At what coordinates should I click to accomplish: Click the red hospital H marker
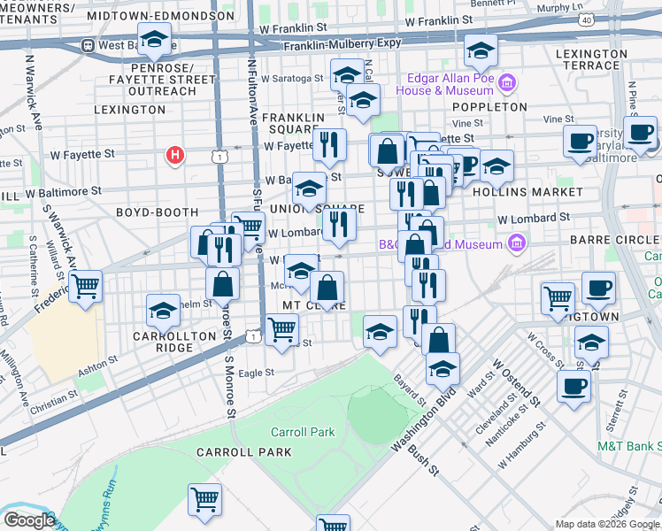pos(175,157)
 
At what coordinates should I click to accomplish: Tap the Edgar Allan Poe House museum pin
pos(507,84)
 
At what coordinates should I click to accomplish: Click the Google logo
pos(28,520)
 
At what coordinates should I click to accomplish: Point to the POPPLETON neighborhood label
pos(492,106)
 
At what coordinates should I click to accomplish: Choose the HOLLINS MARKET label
pos(540,191)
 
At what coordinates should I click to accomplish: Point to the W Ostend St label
pos(509,377)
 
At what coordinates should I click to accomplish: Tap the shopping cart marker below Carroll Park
pos(204,499)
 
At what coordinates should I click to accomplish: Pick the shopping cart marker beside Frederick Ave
pos(86,286)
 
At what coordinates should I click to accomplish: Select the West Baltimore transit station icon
pos(89,45)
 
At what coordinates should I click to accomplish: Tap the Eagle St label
pos(257,373)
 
